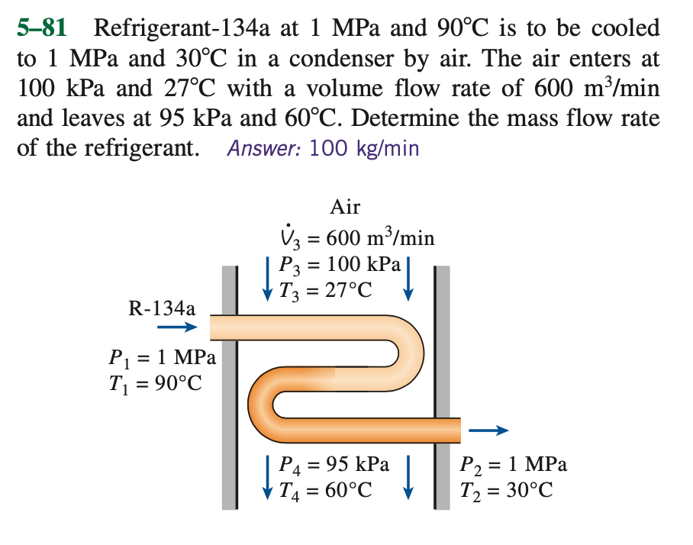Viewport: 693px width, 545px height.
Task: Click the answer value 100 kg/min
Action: (x=363, y=147)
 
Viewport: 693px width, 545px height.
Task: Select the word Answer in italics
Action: (x=264, y=147)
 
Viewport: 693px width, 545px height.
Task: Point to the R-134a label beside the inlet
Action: (x=162, y=308)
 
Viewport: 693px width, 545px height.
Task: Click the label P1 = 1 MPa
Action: (x=163, y=356)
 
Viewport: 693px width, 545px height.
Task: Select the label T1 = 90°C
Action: (x=156, y=382)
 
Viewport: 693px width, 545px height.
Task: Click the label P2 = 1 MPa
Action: (x=514, y=464)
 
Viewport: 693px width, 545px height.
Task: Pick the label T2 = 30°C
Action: (x=507, y=489)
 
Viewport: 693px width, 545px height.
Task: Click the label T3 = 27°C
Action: (x=327, y=290)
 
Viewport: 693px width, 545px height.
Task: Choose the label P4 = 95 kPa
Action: (x=335, y=464)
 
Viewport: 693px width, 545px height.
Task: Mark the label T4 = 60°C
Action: (x=327, y=489)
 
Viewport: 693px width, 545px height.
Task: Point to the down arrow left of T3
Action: (x=268, y=279)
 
